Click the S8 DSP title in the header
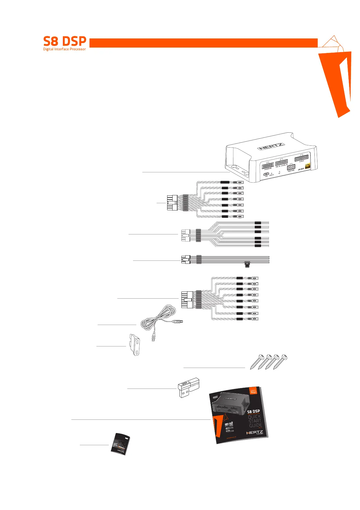coord(65,41)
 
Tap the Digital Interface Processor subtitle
coord(64,49)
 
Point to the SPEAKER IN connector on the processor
coord(268,165)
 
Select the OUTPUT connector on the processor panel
coord(301,158)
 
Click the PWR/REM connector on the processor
coord(291,167)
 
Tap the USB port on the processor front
coord(266,174)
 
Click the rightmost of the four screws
coord(280,361)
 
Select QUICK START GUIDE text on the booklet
coord(255,421)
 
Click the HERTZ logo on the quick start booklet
coord(255,432)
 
